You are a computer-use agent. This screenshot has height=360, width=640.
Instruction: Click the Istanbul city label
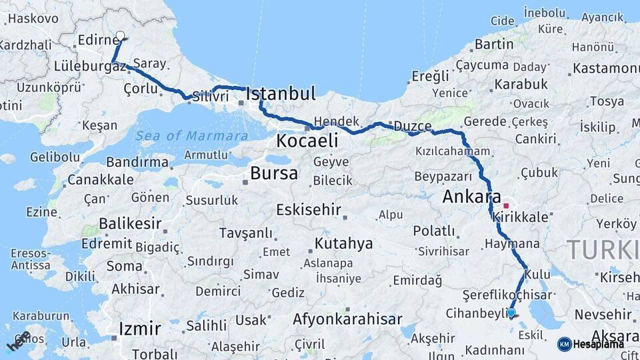click(281, 94)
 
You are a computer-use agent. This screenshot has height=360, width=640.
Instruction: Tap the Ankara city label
click(471, 197)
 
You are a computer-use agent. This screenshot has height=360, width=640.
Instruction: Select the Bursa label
click(273, 174)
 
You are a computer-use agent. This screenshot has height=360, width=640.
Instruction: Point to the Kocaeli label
click(307, 141)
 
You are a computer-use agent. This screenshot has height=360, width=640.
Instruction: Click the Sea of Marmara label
click(192, 136)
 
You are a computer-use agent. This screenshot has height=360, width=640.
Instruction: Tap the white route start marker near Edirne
click(120, 36)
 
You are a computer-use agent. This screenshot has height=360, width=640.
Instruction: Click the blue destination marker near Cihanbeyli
click(511, 312)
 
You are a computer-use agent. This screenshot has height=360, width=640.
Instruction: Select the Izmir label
click(139, 328)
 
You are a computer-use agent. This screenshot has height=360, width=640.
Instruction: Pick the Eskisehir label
click(309, 210)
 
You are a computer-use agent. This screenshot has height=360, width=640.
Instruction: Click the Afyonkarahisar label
click(347, 319)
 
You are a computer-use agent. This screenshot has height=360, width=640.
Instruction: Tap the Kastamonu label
click(605, 68)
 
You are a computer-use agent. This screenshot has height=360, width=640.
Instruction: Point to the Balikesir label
click(131, 222)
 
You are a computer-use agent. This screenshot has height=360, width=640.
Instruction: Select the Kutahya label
click(343, 243)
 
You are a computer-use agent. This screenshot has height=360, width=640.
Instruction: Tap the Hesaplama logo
click(590, 344)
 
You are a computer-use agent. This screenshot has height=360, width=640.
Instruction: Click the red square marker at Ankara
click(507, 205)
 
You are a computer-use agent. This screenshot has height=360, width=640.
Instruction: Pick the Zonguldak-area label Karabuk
click(521, 85)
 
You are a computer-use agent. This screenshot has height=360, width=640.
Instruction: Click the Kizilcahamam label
click(453, 151)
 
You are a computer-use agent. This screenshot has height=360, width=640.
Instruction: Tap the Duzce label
click(413, 126)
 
